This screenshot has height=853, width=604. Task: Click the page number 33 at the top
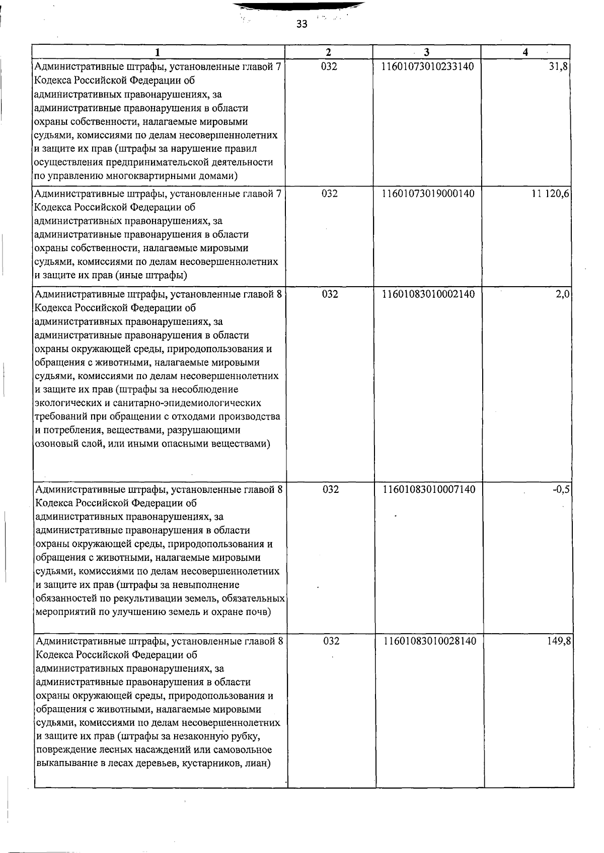coord(301,24)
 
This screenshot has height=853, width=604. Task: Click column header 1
coord(159,52)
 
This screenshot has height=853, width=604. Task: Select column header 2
coord(328,52)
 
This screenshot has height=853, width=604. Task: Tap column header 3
coord(426,52)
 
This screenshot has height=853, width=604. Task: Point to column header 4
coord(525,52)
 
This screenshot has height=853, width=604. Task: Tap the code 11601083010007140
coord(429,489)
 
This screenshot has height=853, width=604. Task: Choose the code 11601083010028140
coord(429,641)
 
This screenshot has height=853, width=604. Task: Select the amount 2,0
coord(562,294)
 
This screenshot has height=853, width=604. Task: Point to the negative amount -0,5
coord(561,489)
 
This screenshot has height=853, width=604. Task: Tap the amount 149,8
coord(559,641)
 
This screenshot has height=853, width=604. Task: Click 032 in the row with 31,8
coord(329,66)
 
